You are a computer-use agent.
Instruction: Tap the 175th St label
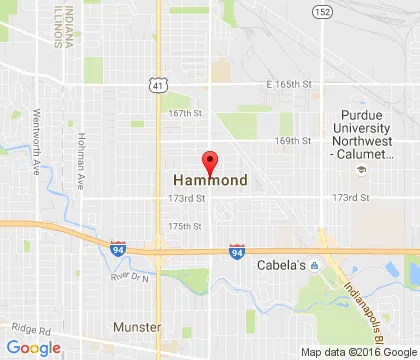pyautogui.click(x=185, y=226)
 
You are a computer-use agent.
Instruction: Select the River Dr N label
pyautogui.click(x=129, y=277)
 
